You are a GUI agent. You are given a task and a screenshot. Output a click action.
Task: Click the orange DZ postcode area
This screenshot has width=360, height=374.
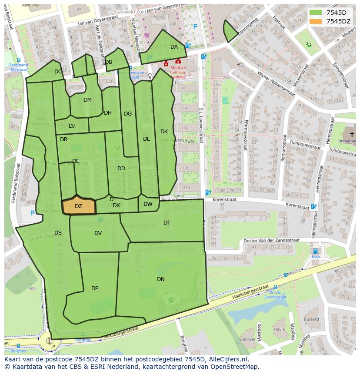pos(79,206)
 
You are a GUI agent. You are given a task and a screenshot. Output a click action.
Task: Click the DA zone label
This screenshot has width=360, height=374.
pos(174,47)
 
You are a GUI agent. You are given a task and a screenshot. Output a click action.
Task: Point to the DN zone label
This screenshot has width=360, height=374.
pos(161,279)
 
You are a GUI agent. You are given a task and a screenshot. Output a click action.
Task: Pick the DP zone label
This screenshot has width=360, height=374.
pos(95,288)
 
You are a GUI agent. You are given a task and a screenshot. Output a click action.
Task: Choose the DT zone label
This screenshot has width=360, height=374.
pos(167,223)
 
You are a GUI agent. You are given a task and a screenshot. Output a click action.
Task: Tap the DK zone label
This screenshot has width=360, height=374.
pos(164,132)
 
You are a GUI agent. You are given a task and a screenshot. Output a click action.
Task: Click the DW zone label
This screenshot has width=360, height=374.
pos(148,204)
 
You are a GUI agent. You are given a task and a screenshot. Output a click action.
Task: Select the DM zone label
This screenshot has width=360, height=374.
pos(87,100)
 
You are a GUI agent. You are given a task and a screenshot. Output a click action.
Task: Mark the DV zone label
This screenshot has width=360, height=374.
pos(98,233)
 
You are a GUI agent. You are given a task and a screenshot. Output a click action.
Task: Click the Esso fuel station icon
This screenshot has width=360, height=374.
pos(316,251)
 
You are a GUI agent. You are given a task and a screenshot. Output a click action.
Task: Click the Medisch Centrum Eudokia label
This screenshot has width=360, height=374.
pos(178,72)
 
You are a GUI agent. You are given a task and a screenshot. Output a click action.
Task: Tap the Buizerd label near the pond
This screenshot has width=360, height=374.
pos(311,319)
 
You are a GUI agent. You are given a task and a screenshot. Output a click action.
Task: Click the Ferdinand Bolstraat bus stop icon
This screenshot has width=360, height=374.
pos(18,60)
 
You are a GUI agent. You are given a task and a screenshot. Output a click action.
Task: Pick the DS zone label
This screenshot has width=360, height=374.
pos(58,233)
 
